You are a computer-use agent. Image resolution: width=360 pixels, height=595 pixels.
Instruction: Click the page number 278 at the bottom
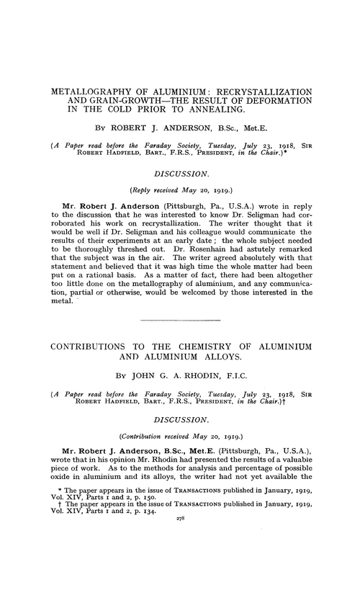(180, 576)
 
